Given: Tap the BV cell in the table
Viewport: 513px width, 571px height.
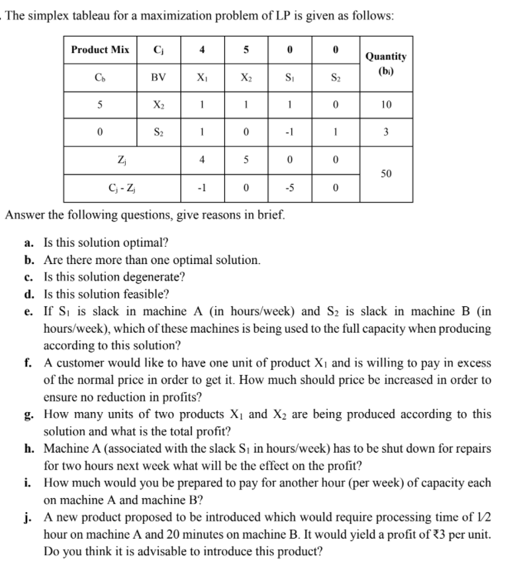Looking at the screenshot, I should pos(158,77).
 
